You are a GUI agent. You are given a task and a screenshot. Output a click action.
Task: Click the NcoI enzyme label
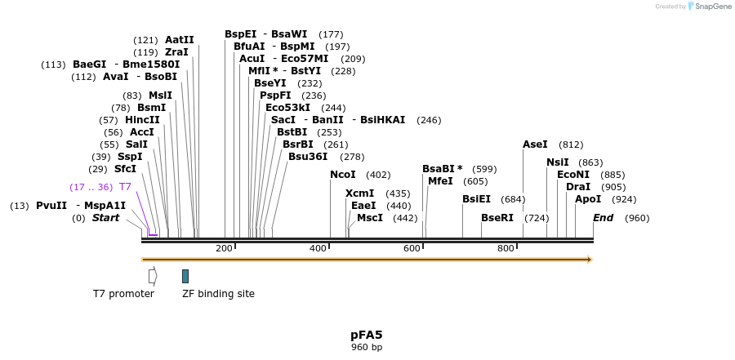coord(343,175)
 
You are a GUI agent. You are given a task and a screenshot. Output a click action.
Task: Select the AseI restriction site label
coord(535,144)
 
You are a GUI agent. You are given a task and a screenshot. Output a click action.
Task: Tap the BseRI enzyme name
coord(497,218)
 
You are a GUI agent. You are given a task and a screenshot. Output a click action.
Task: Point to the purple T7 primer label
coord(125,187)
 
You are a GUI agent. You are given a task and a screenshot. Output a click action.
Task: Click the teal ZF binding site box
coord(185,276)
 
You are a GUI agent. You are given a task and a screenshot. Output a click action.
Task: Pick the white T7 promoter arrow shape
coord(153,276)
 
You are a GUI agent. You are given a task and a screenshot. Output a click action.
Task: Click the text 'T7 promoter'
coord(123,294)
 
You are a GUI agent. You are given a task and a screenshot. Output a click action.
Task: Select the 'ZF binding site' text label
coord(218,294)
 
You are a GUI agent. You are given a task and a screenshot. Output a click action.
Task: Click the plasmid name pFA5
coord(367,335)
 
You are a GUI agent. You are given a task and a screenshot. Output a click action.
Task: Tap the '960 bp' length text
coord(367,347)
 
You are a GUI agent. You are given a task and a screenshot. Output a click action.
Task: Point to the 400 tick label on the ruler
coord(318,248)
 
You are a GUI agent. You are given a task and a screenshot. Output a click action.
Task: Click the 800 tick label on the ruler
coord(506,248)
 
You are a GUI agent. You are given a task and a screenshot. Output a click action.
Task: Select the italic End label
coord(604,218)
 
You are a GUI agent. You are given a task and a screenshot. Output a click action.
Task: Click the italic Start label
coord(105,218)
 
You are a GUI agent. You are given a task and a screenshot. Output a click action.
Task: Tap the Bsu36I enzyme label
coord(308,157)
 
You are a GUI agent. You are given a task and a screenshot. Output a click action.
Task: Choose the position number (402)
coord(378,175)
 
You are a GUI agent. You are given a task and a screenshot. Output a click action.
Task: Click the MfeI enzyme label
coord(440,181)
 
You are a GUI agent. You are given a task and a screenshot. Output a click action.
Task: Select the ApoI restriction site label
coord(588,199)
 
